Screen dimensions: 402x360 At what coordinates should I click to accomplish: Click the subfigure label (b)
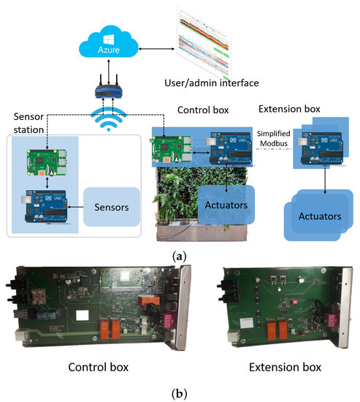(179, 392)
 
